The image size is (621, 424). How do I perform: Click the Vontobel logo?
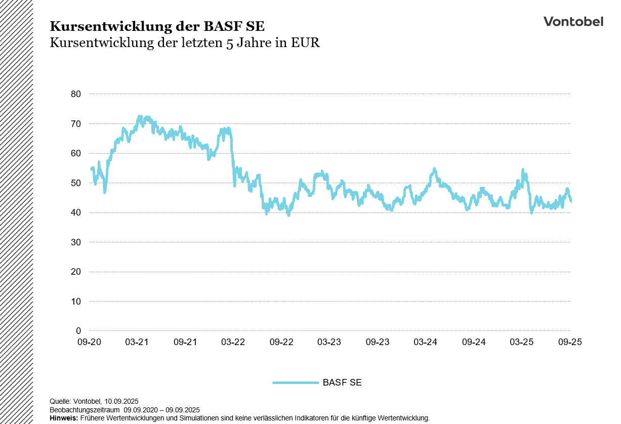point(573,21)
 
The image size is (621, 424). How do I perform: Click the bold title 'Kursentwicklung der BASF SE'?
point(157,26)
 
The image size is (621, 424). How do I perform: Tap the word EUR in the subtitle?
point(305,43)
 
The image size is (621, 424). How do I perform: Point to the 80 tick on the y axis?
point(76,94)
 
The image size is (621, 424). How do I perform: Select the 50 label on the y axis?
point(76,183)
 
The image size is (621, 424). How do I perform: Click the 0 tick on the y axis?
point(78,331)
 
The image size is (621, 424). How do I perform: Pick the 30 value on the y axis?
point(76,242)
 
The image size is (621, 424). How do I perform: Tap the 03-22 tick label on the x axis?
point(233,343)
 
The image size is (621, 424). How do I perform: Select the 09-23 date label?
point(377,343)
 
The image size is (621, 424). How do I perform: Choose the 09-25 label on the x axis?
point(570,343)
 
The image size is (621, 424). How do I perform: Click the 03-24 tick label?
point(425,343)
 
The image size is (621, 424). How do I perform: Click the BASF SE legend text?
point(342,383)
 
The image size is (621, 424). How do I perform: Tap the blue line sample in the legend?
point(296,383)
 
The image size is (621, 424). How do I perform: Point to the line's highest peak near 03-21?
point(140,117)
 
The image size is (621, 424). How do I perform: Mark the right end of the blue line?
point(571,201)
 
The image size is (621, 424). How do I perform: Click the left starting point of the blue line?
point(91,169)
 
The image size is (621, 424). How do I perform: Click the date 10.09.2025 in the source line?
point(121,402)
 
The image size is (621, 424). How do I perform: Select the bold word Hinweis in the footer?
point(63,418)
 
